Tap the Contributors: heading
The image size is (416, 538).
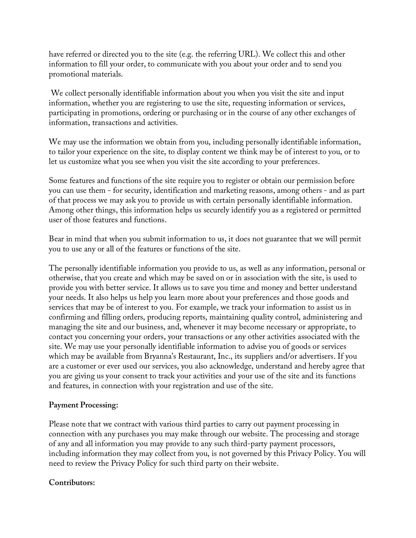(x=72, y=483)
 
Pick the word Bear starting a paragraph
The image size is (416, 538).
(x=57, y=239)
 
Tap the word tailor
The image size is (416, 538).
(x=66, y=152)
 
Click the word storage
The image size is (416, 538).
(x=347, y=434)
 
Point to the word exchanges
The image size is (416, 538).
(x=329, y=113)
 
